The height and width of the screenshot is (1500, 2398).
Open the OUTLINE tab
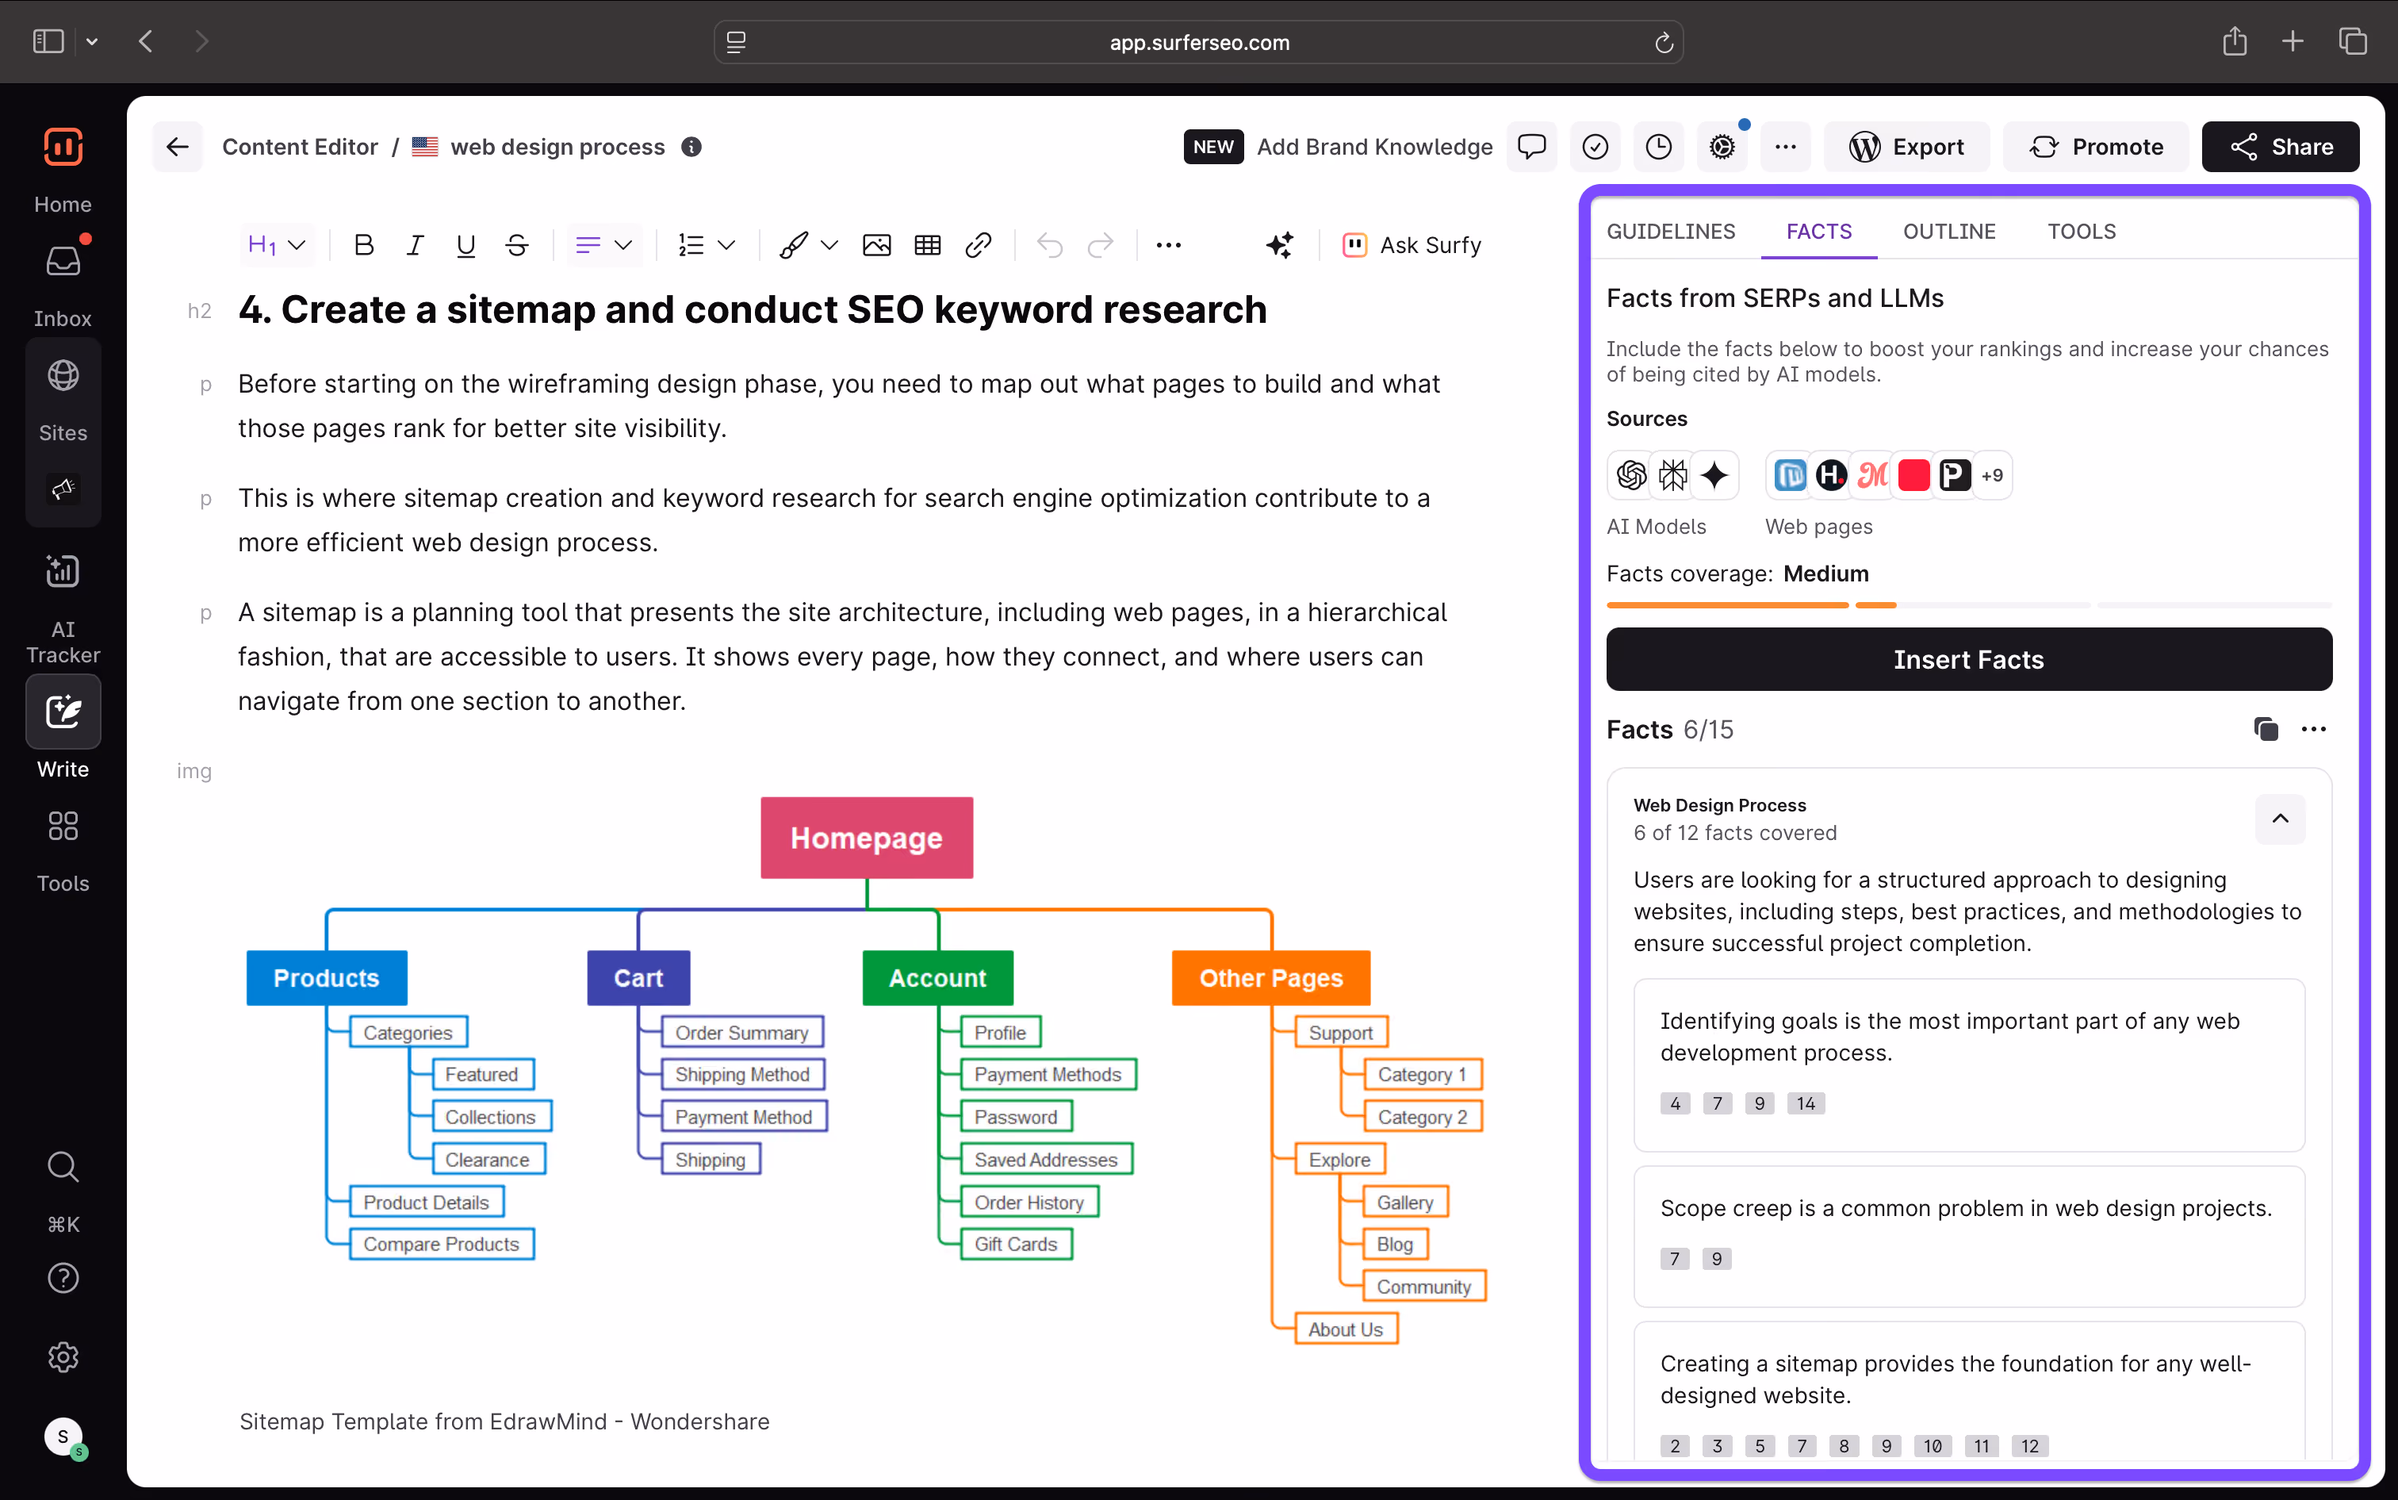click(x=1948, y=231)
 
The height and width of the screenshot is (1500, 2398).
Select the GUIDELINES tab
click(x=1671, y=231)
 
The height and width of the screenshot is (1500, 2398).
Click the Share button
click(x=2280, y=147)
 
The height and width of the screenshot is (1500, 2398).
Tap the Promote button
click(x=2096, y=147)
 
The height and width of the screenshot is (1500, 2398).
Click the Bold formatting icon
click(x=364, y=245)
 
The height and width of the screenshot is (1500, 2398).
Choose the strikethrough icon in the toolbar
click(x=517, y=245)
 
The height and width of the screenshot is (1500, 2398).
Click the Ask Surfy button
click(x=1412, y=245)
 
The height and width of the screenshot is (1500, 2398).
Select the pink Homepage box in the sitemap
click(x=867, y=838)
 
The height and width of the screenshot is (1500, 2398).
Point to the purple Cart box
click(x=638, y=978)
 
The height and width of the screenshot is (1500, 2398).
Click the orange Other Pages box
click(x=1271, y=978)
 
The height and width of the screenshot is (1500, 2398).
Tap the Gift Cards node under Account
click(x=1017, y=1244)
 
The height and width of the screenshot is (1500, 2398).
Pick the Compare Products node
click(x=442, y=1244)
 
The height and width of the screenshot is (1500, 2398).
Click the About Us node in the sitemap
click(x=1346, y=1329)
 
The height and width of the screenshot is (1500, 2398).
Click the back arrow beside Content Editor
click(x=178, y=147)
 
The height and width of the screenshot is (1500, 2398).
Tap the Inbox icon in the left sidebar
click(x=63, y=262)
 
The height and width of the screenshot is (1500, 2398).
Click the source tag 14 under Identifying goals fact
click(x=1806, y=1103)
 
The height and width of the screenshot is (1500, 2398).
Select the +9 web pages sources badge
click(x=1992, y=475)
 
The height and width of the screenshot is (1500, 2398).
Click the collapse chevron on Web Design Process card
click(x=2280, y=819)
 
